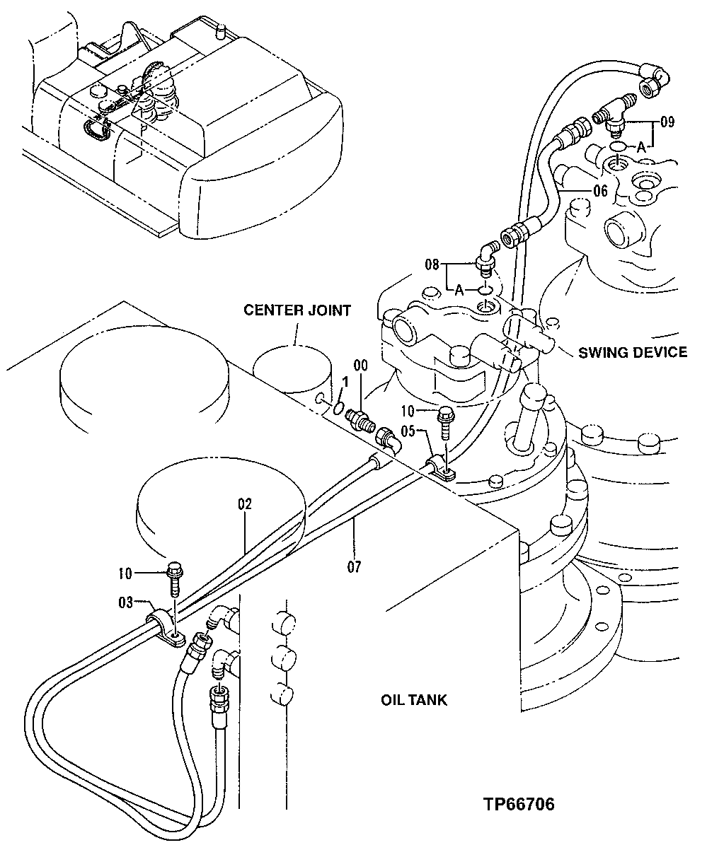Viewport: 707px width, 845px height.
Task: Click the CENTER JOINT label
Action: click(x=297, y=310)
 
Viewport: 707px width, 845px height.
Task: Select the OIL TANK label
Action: click(x=414, y=700)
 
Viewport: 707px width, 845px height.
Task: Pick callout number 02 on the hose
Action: click(x=245, y=505)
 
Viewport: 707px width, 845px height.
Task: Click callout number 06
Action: click(x=600, y=190)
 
